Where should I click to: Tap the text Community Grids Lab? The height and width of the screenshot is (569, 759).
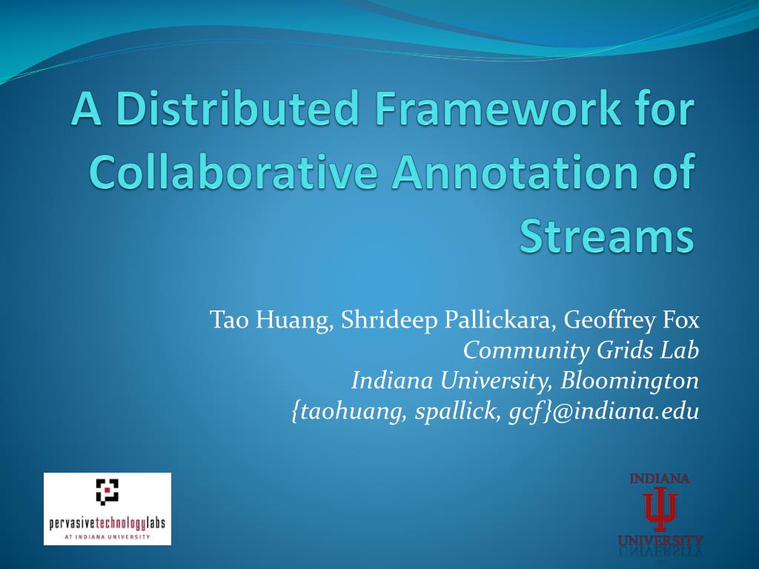(581, 350)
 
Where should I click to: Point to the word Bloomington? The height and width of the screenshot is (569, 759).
(630, 381)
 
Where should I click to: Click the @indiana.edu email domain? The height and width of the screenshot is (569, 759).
(626, 411)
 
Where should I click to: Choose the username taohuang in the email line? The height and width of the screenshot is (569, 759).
(348, 411)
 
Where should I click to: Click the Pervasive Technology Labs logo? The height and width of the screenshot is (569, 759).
(107, 509)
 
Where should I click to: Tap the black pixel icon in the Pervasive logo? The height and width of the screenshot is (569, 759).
(107, 490)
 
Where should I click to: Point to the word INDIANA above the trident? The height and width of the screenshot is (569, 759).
(660, 479)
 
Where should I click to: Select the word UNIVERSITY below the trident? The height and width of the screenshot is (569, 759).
(660, 539)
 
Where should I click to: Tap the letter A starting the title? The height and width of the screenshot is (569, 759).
(85, 110)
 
